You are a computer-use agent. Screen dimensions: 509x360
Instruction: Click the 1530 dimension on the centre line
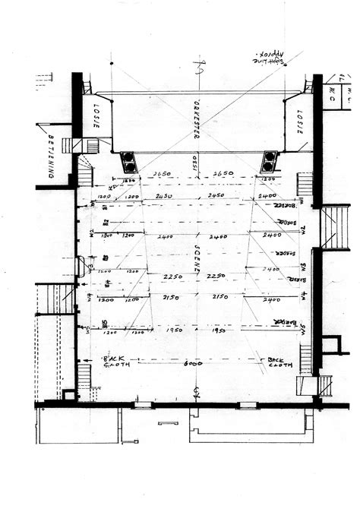point(195,163)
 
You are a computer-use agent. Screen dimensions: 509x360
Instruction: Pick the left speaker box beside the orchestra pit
point(128,163)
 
